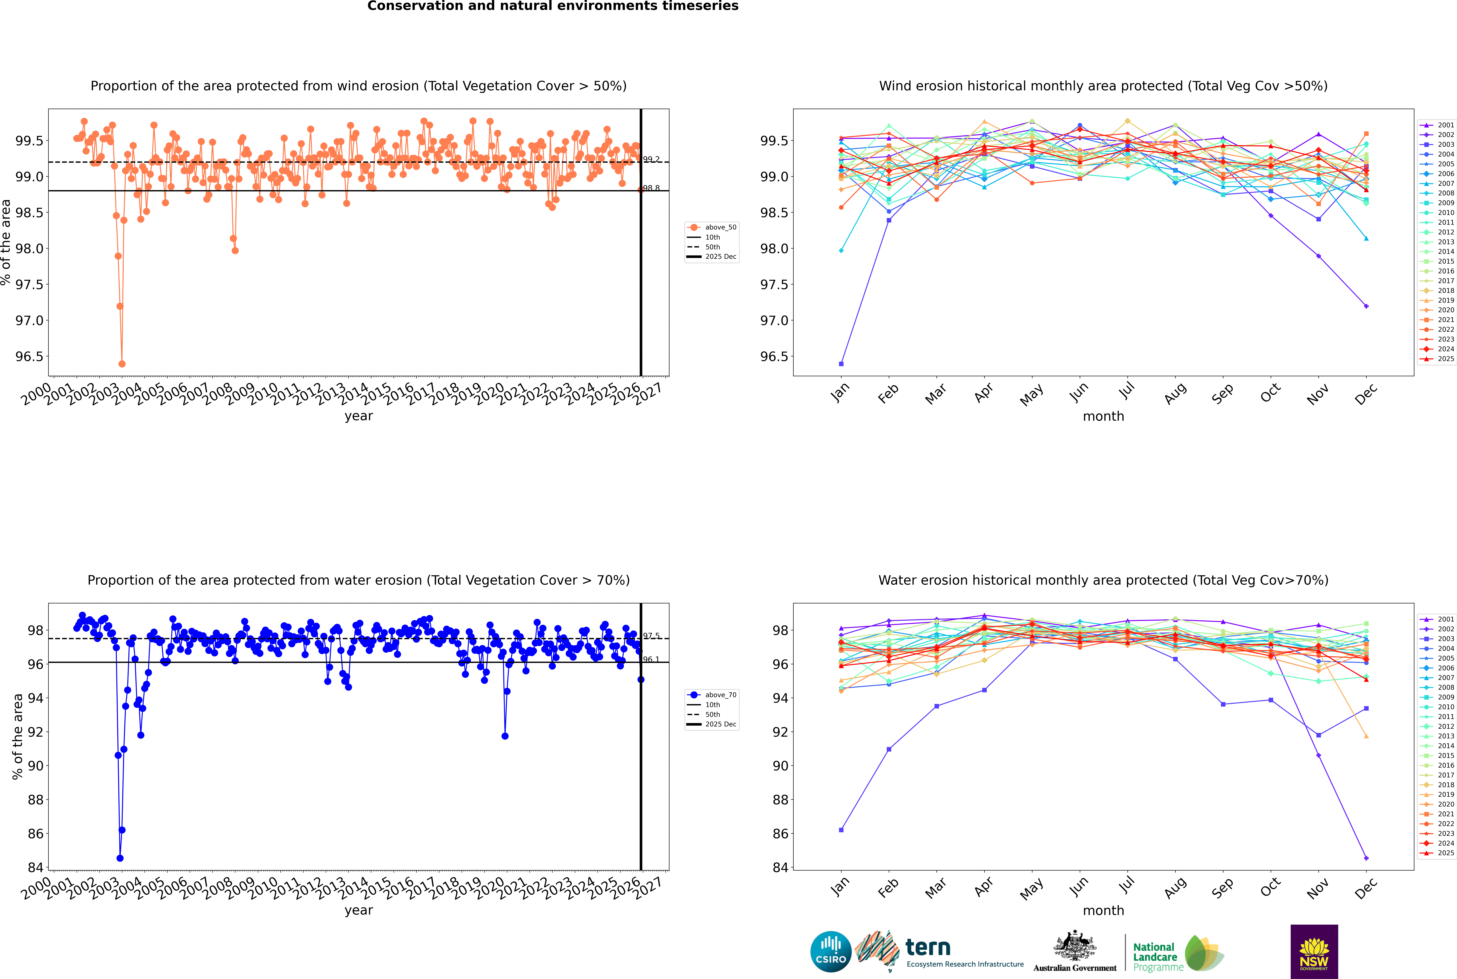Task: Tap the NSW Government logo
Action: coord(1314,951)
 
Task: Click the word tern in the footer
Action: coord(928,948)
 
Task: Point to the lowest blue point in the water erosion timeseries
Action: coord(120,858)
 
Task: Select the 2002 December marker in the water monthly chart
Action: coord(1366,858)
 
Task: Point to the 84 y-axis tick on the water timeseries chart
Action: coord(35,867)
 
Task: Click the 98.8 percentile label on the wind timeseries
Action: coord(651,188)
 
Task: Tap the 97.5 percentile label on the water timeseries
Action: coord(651,636)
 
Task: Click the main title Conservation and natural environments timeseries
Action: coord(553,6)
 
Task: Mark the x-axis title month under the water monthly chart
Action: coord(1103,910)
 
